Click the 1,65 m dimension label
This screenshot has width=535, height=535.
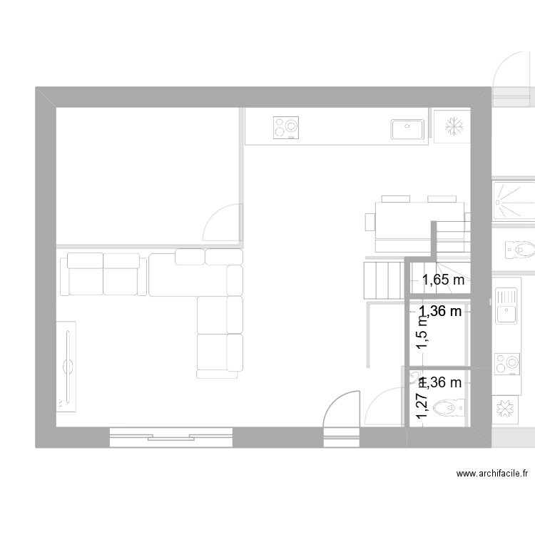point(442,280)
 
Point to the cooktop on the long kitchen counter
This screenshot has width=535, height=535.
point(286,128)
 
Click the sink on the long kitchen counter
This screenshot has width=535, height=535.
point(407,128)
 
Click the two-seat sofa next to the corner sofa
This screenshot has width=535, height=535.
point(103,273)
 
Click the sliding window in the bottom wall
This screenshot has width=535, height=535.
point(171,436)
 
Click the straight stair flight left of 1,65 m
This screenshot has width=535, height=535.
point(383,280)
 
